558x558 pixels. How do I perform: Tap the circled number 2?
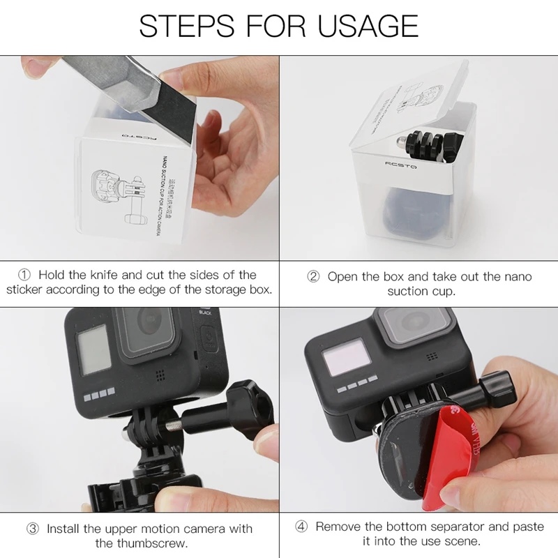314,277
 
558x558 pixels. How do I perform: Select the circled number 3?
33,529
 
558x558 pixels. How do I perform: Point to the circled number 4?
301,527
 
